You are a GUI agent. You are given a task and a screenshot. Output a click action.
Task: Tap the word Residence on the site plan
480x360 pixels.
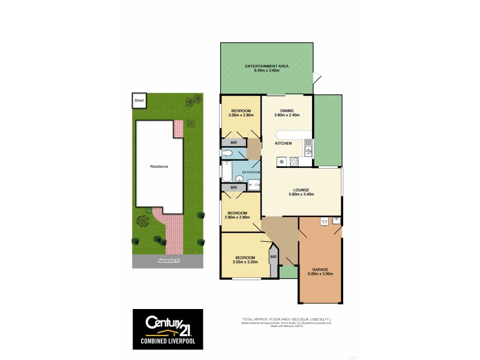pyautogui.click(x=158, y=166)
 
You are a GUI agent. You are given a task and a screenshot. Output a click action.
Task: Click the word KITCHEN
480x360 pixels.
pyautogui.click(x=283, y=144)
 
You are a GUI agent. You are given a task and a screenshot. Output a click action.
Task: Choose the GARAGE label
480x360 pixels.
pyautogui.click(x=320, y=269)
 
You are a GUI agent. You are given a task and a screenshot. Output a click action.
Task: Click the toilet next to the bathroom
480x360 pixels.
pyautogui.click(x=227, y=154)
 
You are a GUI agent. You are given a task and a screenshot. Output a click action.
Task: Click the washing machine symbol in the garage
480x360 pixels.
pyautogui.click(x=324, y=221)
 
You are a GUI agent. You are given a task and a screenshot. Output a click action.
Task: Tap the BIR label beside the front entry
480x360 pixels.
pyautogui.click(x=274, y=257)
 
